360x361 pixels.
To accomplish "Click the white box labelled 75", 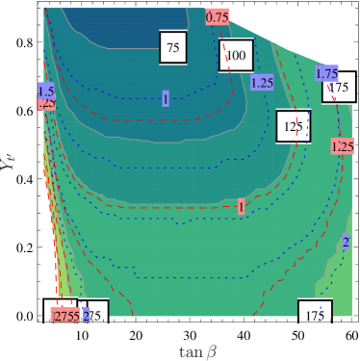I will [173, 47].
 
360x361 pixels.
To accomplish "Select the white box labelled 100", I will [236, 55].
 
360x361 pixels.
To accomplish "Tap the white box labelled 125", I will [294, 126].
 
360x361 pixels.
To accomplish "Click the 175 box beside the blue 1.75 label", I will [340, 89].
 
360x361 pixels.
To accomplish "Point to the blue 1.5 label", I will [45, 90].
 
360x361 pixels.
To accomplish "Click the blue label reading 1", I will [166, 99].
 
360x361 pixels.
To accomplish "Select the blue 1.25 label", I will [262, 83].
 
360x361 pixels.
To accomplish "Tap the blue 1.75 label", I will [326, 73].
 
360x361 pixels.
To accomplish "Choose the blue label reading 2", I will [346, 241].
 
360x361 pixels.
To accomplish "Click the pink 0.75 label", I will [218, 16].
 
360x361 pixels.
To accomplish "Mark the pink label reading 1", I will [241, 207].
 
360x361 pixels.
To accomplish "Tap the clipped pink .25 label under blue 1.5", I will [46, 103].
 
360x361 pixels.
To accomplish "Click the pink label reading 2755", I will [66, 315].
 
